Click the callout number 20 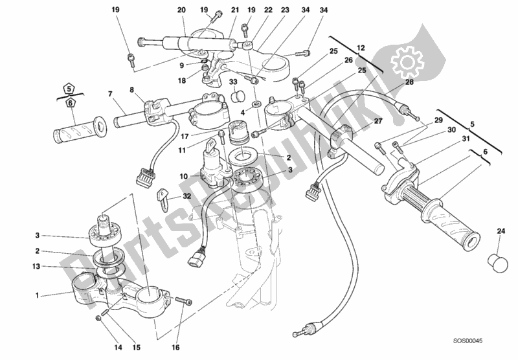click(163, 10)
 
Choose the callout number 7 click(111, 94)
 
